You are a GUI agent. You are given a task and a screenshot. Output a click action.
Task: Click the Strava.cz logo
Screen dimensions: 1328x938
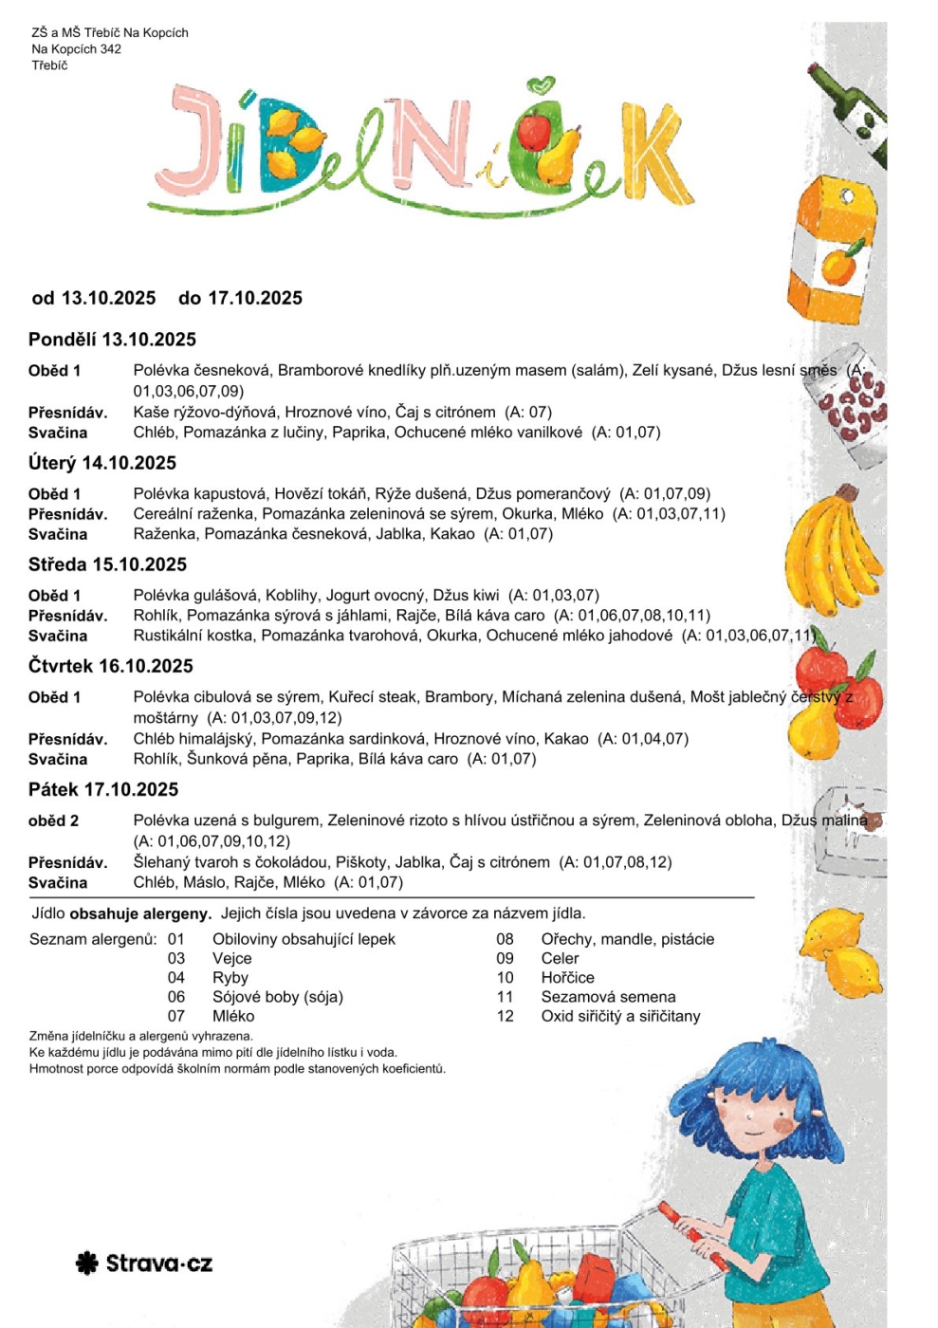coord(144,1263)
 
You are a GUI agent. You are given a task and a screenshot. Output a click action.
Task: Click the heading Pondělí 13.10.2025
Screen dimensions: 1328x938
coord(112,340)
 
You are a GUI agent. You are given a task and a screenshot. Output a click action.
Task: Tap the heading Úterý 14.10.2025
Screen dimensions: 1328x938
coord(102,463)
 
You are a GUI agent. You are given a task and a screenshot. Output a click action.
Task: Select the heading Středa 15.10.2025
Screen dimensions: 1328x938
coord(107,564)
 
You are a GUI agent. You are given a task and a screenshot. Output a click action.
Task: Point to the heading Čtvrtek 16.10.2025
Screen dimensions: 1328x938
coord(110,666)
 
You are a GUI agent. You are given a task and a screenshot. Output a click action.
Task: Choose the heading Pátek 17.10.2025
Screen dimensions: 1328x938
coord(103,789)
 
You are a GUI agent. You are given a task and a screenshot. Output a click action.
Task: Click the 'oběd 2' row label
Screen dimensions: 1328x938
coord(54,821)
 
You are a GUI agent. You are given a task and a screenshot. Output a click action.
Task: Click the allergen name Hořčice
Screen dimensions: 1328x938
coord(567,978)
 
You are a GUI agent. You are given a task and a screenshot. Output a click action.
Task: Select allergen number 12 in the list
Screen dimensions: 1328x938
coord(505,1016)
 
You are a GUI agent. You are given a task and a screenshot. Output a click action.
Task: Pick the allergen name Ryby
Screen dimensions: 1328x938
coord(230,978)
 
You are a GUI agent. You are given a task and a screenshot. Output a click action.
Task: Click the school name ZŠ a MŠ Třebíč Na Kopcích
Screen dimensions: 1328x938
coord(110,32)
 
